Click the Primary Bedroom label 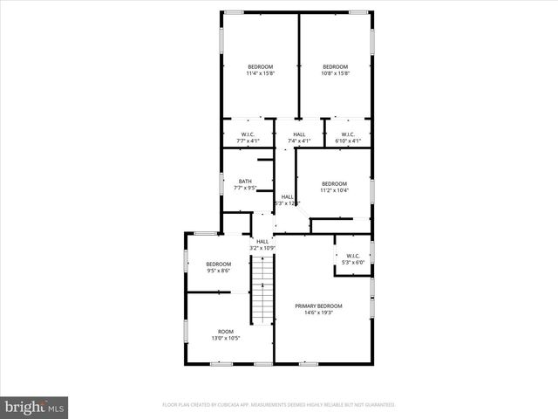click(x=318, y=306)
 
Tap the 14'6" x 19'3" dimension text click(x=318, y=313)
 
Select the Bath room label click(x=245, y=181)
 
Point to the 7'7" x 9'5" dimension click(x=245, y=188)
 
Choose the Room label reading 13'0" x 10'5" click(x=226, y=332)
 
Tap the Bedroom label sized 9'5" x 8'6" click(x=218, y=264)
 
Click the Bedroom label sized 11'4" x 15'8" click(x=260, y=67)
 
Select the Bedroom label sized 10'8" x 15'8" click(x=335, y=67)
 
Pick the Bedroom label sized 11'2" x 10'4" click(x=334, y=183)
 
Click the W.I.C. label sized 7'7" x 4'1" click(x=248, y=134)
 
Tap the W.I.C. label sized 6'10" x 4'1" click(x=348, y=134)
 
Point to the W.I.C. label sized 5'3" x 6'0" click(x=352, y=256)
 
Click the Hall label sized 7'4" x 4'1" click(x=299, y=134)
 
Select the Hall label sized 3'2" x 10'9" click(x=262, y=242)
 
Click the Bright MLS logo click(x=35, y=407)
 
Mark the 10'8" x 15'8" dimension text click(x=335, y=74)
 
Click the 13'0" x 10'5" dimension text click(x=226, y=339)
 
